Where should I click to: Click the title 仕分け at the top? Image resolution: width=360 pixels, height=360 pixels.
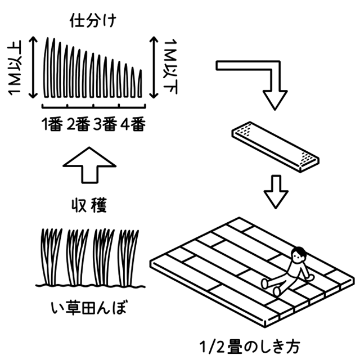click(93, 21)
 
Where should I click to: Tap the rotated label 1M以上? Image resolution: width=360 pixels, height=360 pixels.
click(15, 67)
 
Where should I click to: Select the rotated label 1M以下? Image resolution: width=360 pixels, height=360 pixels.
click(170, 66)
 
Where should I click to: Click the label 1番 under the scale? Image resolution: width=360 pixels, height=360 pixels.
click(52, 124)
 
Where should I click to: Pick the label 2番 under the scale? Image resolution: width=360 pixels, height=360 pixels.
click(78, 124)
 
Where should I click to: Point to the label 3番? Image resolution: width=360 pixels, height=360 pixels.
click(105, 124)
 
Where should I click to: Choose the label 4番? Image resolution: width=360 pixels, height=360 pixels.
click(133, 124)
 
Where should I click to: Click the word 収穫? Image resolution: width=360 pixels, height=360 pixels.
click(89, 205)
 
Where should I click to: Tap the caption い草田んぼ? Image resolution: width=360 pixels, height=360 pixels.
click(89, 308)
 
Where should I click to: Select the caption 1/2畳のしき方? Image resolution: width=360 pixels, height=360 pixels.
click(250, 347)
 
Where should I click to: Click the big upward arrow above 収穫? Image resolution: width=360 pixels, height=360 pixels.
click(89, 165)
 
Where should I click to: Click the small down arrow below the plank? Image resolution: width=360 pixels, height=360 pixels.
click(276, 192)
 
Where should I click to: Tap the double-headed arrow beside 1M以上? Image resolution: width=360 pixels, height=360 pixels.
click(33, 67)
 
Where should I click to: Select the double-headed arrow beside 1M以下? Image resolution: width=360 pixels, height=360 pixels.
click(154, 67)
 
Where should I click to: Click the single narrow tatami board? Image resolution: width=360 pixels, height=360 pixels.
click(275, 147)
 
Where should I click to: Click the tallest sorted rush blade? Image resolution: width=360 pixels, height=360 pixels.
click(47, 67)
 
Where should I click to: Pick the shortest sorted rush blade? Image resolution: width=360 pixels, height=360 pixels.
click(140, 84)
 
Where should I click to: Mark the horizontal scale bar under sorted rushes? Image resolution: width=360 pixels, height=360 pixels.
click(94, 107)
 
